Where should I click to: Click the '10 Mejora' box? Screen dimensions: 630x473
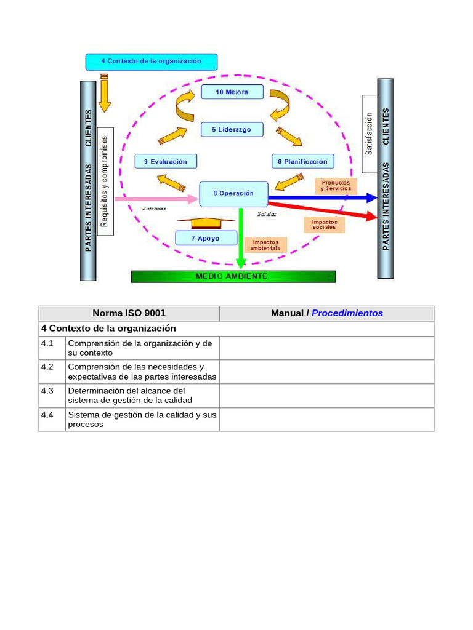pos(232,92)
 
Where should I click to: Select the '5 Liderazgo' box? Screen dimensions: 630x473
pos(232,130)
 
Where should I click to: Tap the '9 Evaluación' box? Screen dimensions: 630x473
pos(166,161)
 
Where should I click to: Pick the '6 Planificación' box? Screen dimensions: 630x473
pos(302,161)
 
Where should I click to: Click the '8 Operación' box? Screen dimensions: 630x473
pos(233,193)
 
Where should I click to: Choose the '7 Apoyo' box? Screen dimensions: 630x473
pos(205,238)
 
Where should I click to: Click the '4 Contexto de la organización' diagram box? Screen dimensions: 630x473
pos(151,62)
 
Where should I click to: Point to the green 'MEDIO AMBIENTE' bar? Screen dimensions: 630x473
pos(233,276)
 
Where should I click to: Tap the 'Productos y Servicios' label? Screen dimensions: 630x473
pos(336,186)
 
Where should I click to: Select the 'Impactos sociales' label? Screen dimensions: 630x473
pos(324,225)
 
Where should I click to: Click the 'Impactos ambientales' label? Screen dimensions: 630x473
pos(265,245)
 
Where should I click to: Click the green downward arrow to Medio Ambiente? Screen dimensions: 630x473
pos(240,240)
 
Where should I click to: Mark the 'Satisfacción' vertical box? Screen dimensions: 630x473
pos(369,134)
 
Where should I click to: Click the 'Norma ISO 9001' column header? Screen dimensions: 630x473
pos(129,313)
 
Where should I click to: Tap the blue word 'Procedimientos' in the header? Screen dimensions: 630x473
pos(347,313)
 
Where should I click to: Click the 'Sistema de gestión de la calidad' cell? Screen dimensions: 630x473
pos(142,420)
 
